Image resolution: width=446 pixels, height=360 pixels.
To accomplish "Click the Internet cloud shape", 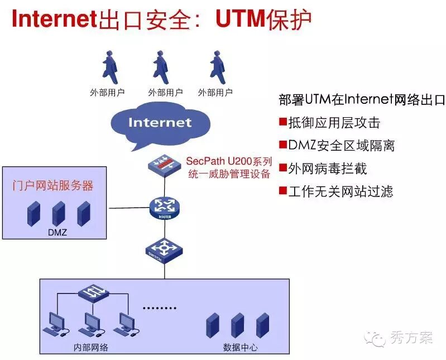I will click(160, 124).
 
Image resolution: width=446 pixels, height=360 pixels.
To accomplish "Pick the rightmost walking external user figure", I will click(215, 67).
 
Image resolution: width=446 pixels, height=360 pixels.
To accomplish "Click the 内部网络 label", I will click(90, 347).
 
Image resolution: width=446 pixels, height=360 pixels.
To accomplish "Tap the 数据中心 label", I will click(240, 347).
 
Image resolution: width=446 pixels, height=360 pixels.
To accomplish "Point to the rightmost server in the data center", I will click(263, 325).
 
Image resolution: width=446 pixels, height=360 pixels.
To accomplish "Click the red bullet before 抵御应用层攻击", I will click(283, 122).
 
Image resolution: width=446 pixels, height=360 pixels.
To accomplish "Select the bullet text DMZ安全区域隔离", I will click(342, 146).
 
